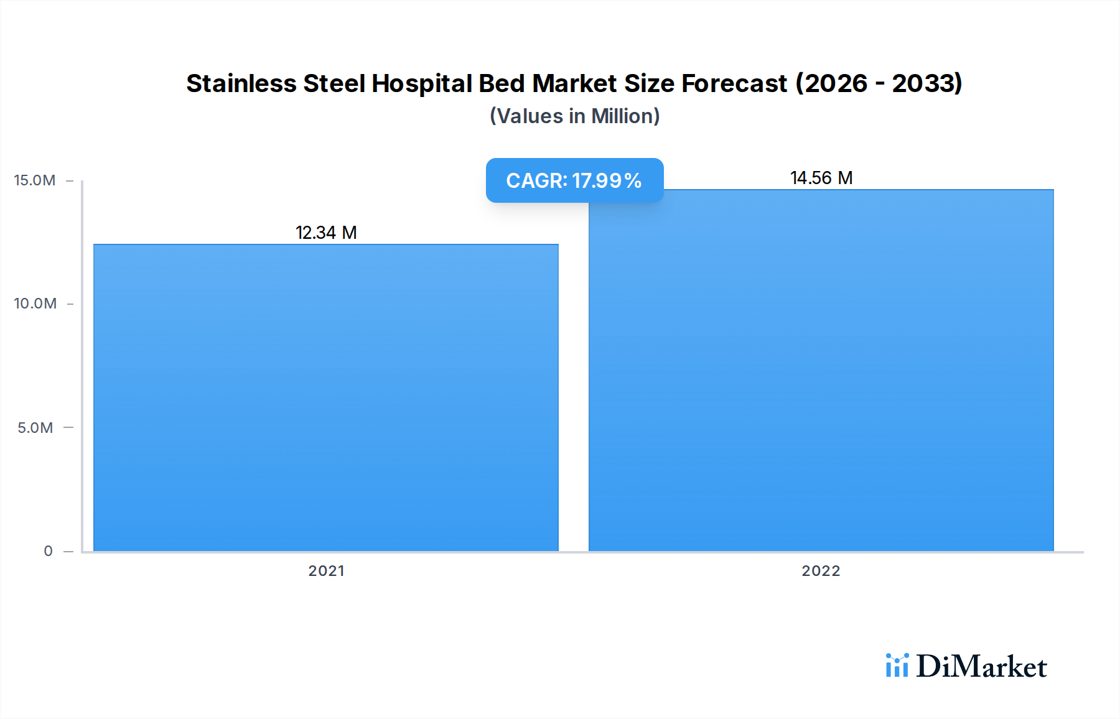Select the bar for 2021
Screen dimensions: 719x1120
325,398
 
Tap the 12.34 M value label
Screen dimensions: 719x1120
326,233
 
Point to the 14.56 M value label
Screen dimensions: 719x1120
821,178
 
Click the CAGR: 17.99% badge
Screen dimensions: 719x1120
574,180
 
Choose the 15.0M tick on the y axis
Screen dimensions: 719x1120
35,180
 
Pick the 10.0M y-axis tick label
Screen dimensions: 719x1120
35,304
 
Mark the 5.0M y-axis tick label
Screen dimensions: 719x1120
35,428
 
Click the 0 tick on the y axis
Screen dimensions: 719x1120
48,551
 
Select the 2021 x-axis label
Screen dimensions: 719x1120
326,571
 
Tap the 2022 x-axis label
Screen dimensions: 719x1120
821,571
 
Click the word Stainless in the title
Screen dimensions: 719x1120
241,83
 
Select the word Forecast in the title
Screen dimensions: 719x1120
734,83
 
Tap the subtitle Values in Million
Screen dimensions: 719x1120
574,116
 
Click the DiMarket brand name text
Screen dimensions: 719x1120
981,667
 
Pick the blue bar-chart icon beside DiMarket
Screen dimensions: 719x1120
897,666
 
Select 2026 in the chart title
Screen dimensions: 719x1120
836,83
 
